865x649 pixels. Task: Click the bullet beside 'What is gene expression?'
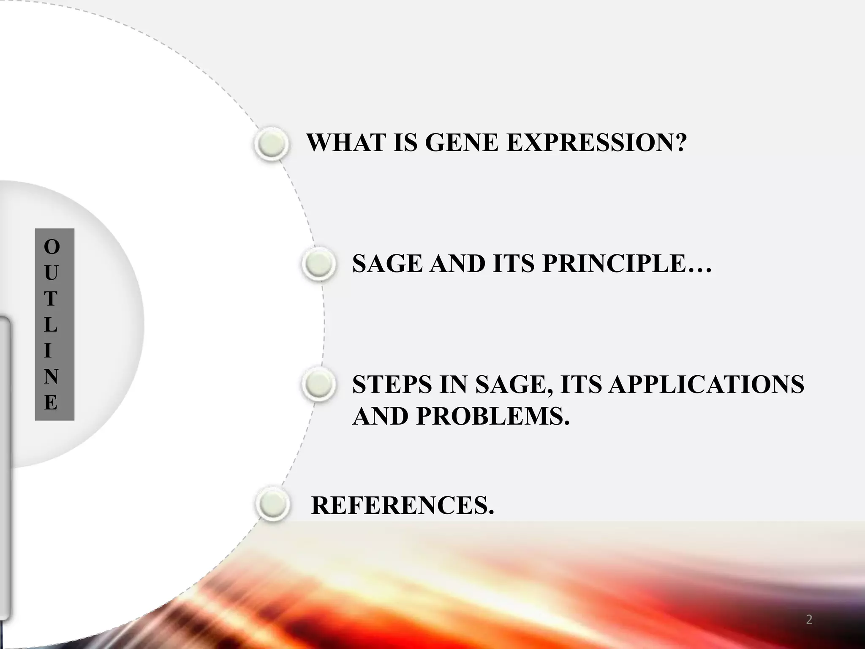click(x=272, y=143)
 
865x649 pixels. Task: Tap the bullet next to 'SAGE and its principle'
click(x=319, y=264)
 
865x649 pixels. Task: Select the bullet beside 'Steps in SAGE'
click(x=319, y=384)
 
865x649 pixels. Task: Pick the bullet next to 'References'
click(x=273, y=504)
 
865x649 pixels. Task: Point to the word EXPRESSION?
click(x=596, y=142)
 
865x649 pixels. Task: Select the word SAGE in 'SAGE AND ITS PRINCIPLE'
click(x=387, y=264)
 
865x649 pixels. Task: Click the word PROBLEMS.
click(x=493, y=416)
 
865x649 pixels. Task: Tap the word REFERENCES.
click(x=402, y=505)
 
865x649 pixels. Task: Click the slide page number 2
click(x=809, y=620)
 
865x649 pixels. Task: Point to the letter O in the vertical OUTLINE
click(x=52, y=247)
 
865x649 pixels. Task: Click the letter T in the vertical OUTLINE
click(x=51, y=299)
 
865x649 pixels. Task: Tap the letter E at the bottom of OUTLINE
click(x=51, y=403)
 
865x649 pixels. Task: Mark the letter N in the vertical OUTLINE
click(x=51, y=376)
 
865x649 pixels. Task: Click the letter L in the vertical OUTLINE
click(x=50, y=325)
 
